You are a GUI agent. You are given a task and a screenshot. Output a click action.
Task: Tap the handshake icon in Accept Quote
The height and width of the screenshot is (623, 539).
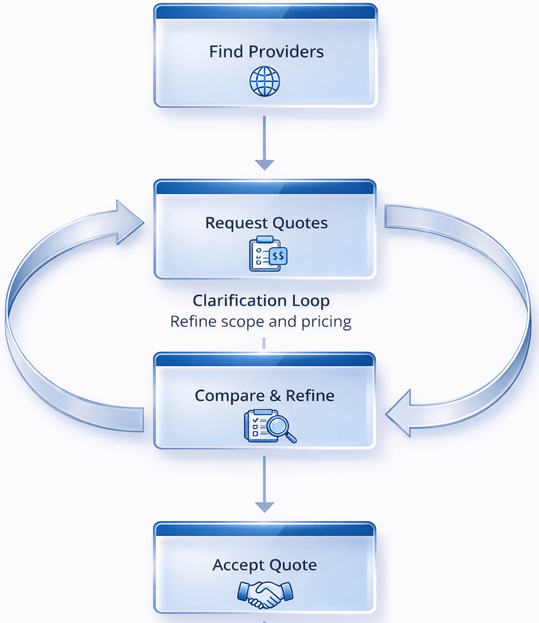pyautogui.click(x=265, y=594)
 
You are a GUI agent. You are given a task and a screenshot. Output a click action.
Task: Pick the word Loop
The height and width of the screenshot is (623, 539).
pyautogui.click(x=310, y=301)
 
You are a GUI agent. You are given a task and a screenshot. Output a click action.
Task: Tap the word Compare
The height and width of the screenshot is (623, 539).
pyautogui.click(x=230, y=396)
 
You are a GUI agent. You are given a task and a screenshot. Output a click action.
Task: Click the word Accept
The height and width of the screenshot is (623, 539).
pyautogui.click(x=237, y=565)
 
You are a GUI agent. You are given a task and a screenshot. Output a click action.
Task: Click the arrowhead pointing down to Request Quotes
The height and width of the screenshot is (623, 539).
pyautogui.click(x=264, y=164)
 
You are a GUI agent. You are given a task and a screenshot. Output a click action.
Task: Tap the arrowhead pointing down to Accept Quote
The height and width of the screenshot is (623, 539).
pyautogui.click(x=264, y=506)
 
